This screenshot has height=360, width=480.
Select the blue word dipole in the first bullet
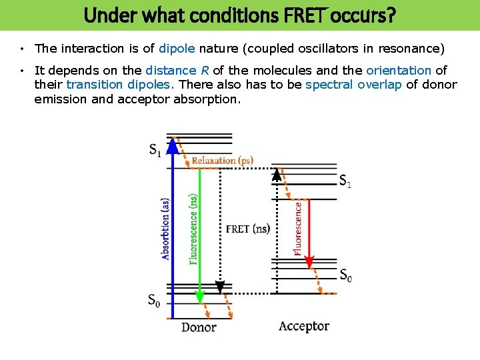coord(176,48)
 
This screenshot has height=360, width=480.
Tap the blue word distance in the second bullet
coord(171,70)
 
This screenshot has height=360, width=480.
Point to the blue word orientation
coord(399,70)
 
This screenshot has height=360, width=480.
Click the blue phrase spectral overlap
coord(353,84)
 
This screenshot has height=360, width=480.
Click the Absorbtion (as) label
coord(165,228)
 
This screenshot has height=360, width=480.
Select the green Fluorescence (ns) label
coord(193,229)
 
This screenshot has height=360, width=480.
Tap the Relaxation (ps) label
coord(223,161)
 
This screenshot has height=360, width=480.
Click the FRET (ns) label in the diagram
coord(248,229)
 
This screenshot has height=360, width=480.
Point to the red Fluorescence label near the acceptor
coord(297,229)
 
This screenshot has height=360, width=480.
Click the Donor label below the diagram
coord(199,327)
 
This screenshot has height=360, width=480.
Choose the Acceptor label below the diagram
coord(303,326)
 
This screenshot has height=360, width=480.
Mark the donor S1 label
coord(155,150)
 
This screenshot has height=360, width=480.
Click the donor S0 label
coord(155,301)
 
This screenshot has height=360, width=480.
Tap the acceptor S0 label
coord(346,275)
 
